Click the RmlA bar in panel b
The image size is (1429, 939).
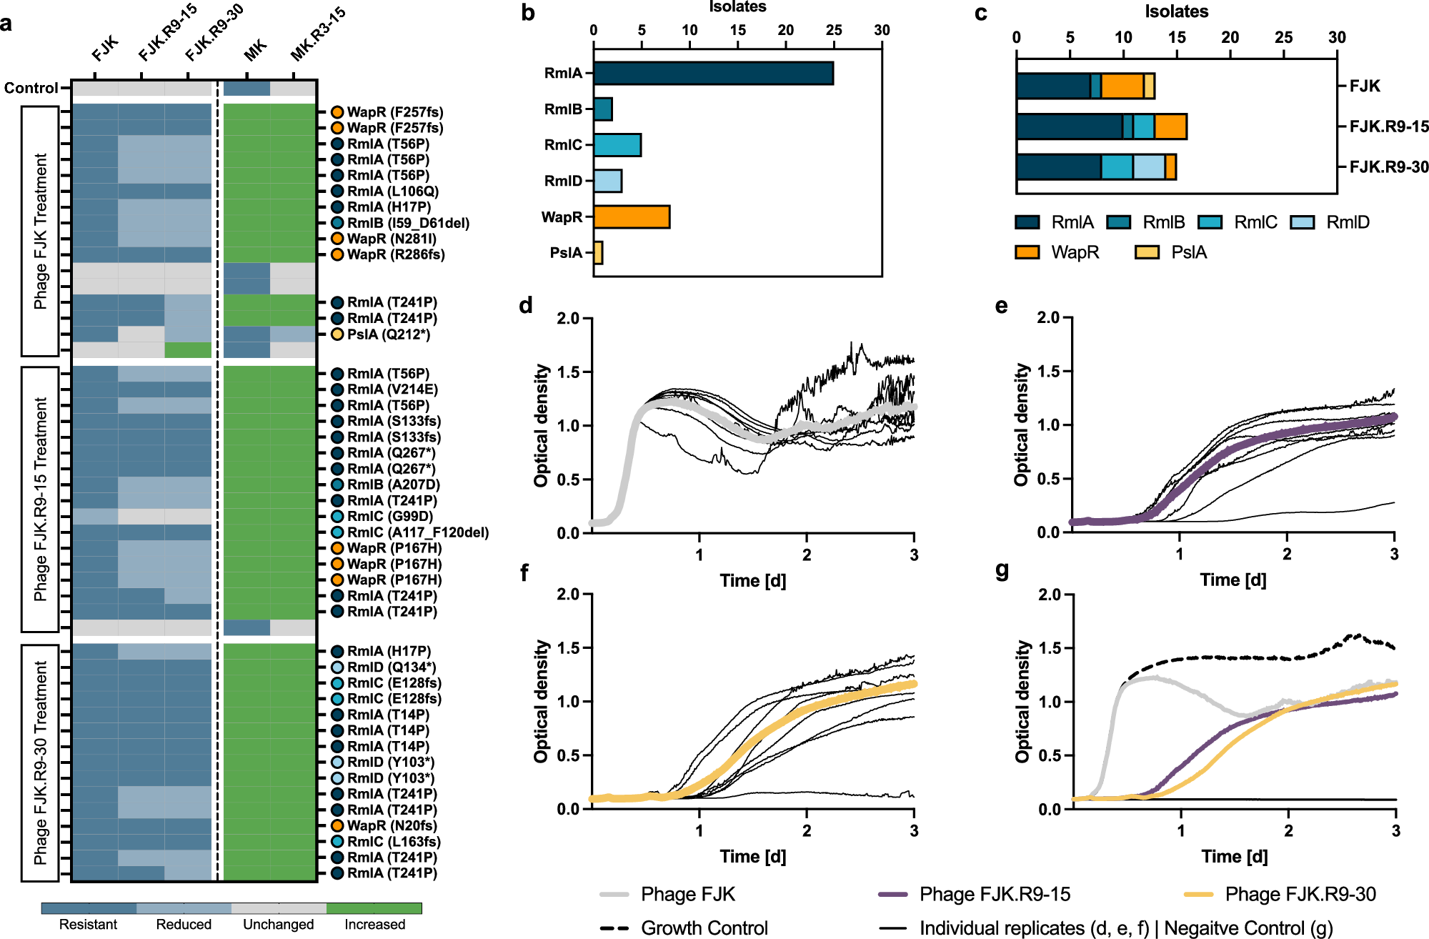pos(713,73)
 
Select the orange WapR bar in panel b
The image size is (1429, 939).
pos(632,217)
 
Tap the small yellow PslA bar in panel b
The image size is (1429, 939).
pos(598,252)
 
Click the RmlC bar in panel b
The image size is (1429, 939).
pos(617,145)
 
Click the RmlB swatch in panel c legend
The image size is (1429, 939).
pos(1118,222)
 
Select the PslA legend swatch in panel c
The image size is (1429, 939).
pos(1147,252)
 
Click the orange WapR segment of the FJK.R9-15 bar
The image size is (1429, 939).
pos(1170,126)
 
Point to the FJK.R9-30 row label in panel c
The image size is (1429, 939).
pos(1388,167)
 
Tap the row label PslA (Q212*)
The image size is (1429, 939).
pos(388,334)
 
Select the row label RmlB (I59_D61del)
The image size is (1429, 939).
pos(408,223)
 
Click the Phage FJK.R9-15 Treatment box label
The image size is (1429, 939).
pos(40,499)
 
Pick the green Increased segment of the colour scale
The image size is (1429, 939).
pos(374,908)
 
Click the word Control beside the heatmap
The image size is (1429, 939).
pos(31,88)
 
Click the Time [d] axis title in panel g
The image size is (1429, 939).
pos(1234,856)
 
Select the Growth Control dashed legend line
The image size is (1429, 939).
pos(614,928)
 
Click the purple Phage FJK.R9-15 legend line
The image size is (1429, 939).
pos(892,894)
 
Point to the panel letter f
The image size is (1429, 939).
pos(524,572)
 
